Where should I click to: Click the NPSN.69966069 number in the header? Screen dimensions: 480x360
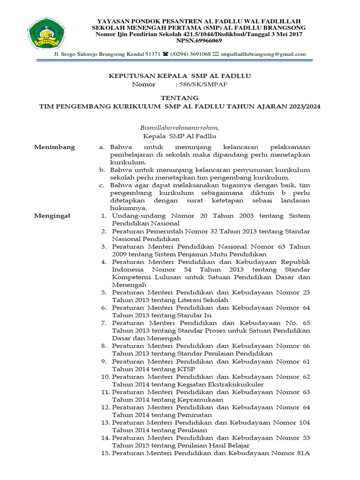coord(198,41)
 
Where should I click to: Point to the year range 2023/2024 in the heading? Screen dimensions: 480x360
coord(303,106)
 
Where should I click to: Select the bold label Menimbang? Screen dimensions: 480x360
coord(54,147)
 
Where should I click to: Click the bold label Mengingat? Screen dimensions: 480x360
coord(52,216)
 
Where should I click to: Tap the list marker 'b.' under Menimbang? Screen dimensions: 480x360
coord(102,170)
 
